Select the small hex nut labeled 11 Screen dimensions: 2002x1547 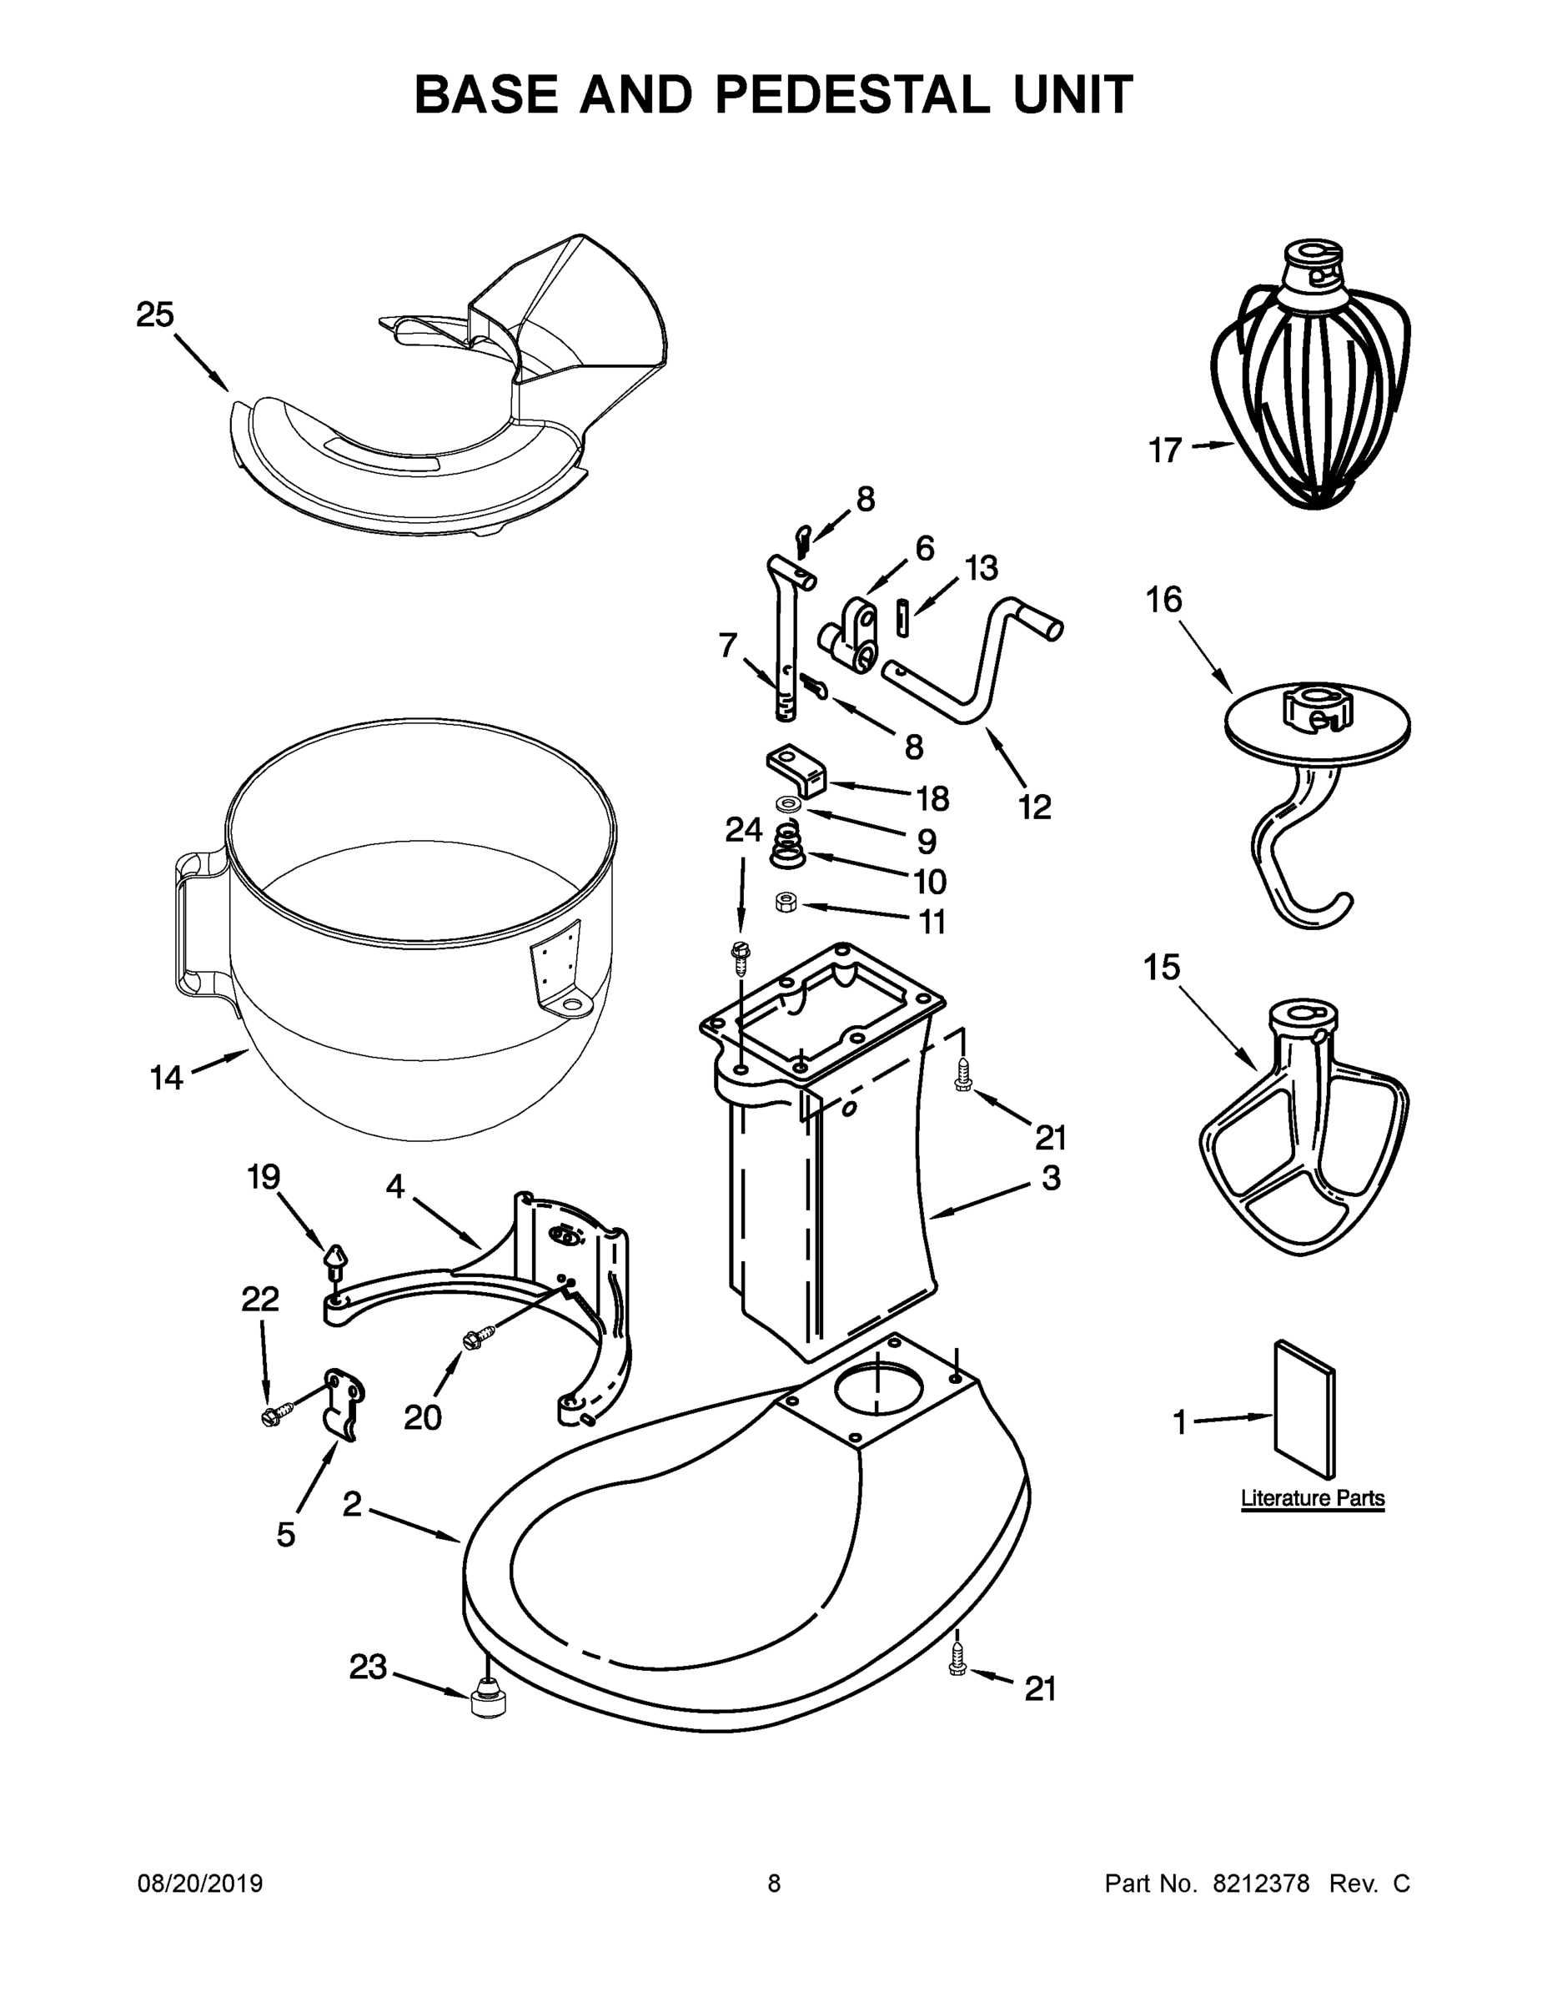click(786, 903)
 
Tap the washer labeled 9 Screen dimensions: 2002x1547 click(787, 804)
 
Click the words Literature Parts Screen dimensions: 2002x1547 click(1313, 1499)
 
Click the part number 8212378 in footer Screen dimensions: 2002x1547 click(1261, 1884)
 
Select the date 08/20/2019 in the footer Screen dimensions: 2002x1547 click(200, 1884)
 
